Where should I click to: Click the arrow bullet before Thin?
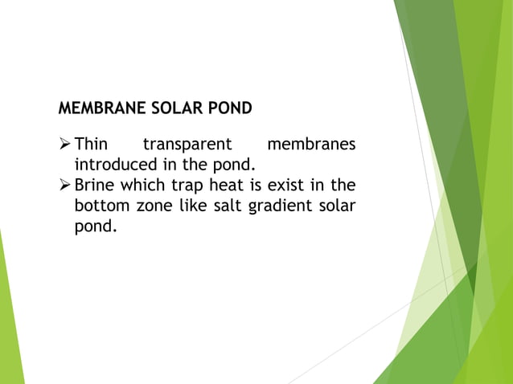pos(65,145)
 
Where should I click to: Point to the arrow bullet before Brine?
pos(65,186)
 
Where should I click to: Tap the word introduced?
pos(114,165)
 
